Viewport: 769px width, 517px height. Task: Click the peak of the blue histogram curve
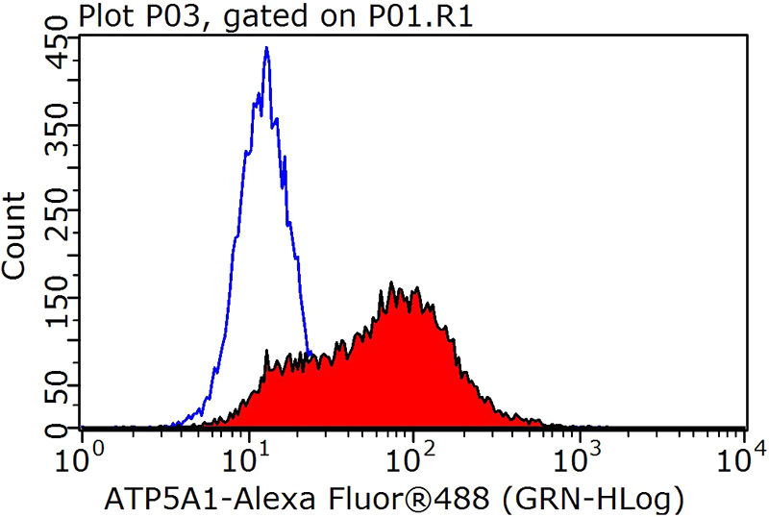266,49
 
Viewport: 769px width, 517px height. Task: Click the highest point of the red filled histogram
391,283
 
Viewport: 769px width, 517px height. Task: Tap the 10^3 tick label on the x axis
582,454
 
